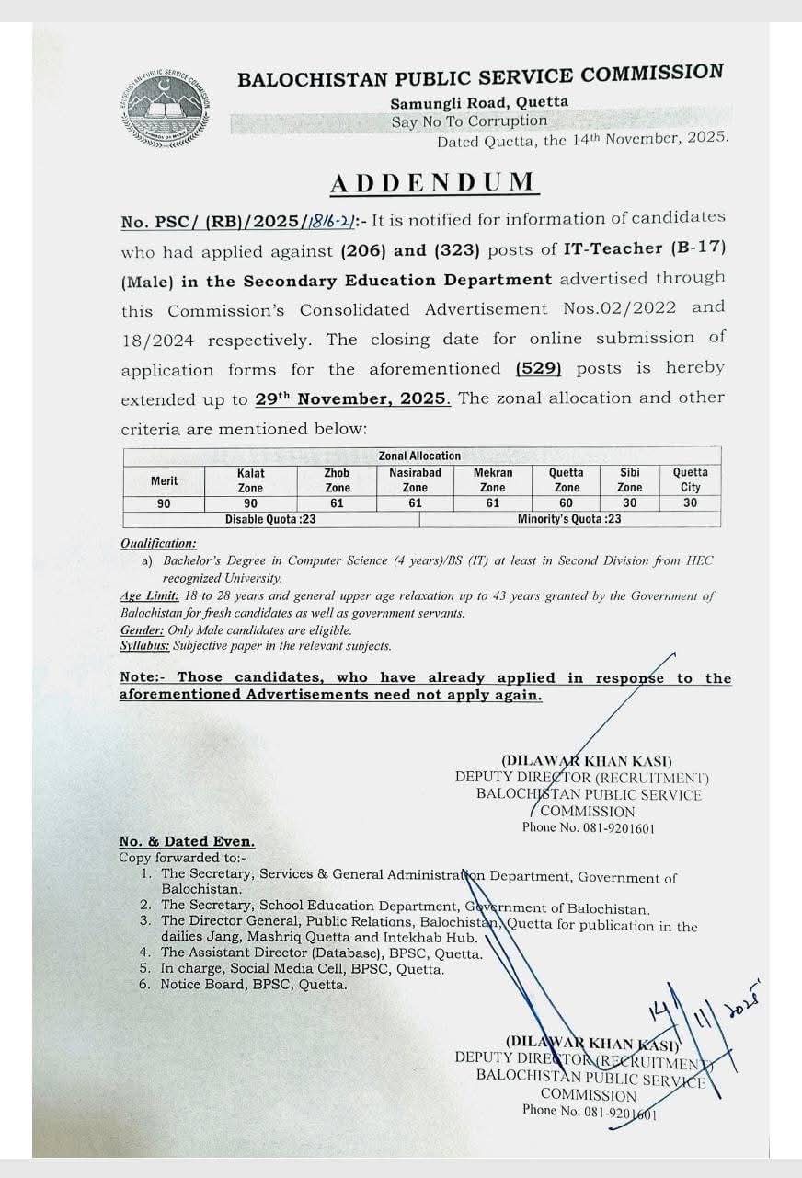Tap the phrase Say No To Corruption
click(x=468, y=121)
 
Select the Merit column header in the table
click(x=165, y=480)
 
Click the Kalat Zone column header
click(x=250, y=480)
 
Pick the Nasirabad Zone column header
click(x=415, y=480)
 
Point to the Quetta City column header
click(x=690, y=480)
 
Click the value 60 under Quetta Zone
click(x=567, y=503)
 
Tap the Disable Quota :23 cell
click(x=271, y=519)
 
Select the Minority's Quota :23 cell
click(x=569, y=519)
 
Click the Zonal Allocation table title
click(x=419, y=456)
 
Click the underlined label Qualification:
click(x=158, y=544)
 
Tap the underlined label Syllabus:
click(x=146, y=646)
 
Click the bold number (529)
click(x=539, y=368)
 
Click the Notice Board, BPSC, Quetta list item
click(x=254, y=985)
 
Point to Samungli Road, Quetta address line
click(x=478, y=102)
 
